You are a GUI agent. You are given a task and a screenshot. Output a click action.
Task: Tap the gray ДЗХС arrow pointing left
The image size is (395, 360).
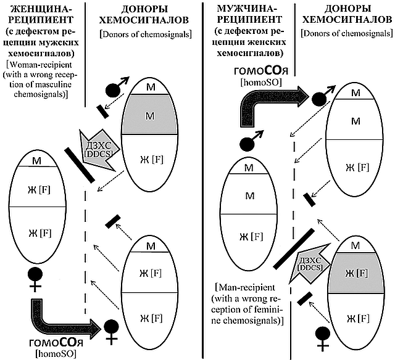coord(94,149)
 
